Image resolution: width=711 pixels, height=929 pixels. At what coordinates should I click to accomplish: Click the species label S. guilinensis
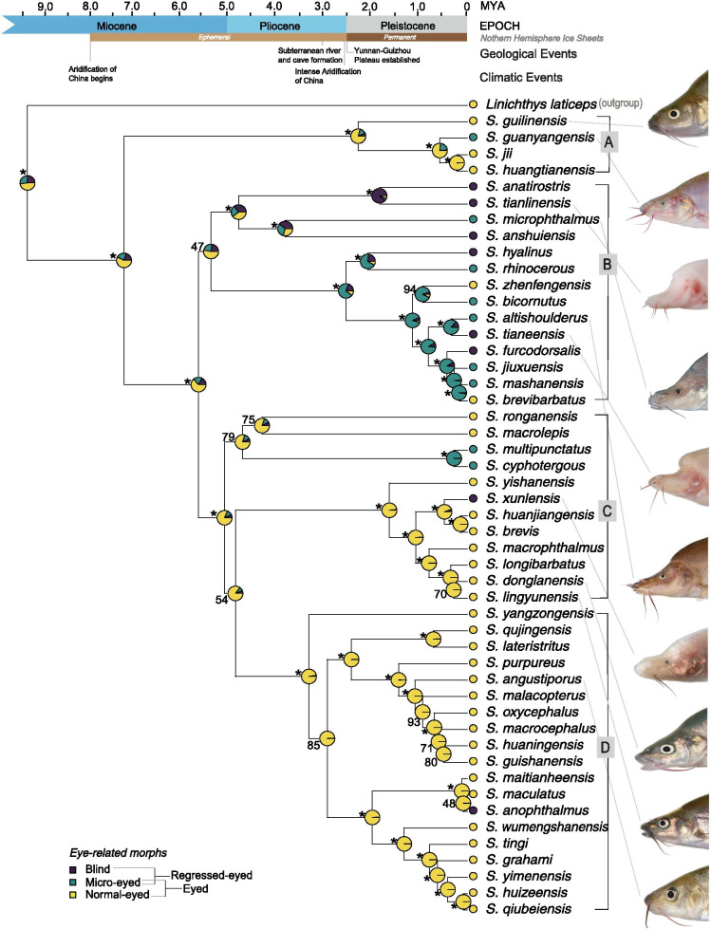(527, 121)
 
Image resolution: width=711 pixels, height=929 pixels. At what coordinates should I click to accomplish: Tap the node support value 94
(410, 288)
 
